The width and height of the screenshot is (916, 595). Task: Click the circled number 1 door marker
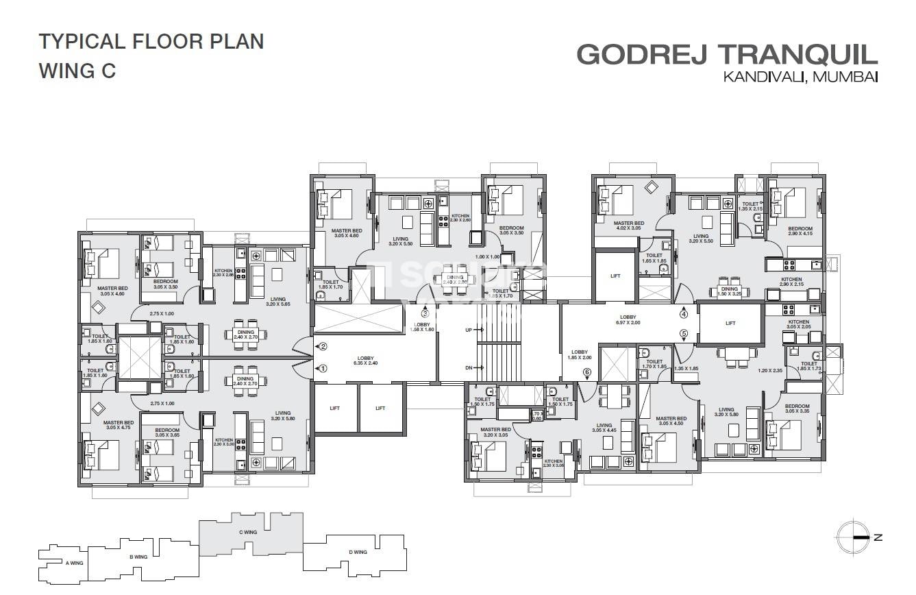tap(323, 368)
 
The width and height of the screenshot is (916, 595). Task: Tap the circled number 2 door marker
tap(323, 347)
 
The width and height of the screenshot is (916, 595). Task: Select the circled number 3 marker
tap(425, 314)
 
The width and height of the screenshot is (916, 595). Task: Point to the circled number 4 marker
tap(683, 315)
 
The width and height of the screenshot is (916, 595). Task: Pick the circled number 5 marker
tap(683, 335)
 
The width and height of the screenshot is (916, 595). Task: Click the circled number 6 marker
tap(586, 372)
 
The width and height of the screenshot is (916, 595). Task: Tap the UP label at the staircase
tap(469, 330)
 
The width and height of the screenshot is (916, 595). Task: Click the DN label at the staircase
tap(469, 368)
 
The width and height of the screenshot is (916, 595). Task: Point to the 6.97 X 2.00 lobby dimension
tap(629, 323)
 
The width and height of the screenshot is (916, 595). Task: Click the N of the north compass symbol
tap(878, 537)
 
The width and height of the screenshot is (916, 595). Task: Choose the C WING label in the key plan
tap(247, 532)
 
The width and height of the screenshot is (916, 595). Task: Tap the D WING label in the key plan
tap(357, 552)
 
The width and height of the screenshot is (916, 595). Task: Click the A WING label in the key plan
tap(74, 563)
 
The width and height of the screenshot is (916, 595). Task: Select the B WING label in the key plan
tap(138, 557)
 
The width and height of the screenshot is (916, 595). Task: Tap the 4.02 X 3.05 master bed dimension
tap(628, 230)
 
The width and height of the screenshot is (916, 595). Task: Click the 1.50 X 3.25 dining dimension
tap(729, 294)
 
